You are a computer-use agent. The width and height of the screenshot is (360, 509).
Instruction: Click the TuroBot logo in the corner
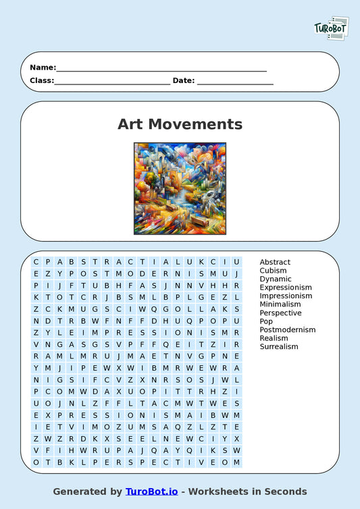[331, 28]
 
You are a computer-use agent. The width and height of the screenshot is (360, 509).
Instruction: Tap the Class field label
[41, 80]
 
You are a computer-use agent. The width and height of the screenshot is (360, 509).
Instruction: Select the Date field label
[184, 80]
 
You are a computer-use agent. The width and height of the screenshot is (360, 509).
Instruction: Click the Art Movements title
[180, 124]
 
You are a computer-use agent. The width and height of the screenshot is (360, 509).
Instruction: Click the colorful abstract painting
[180, 188]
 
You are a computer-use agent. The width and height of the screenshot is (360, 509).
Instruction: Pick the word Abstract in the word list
[275, 262]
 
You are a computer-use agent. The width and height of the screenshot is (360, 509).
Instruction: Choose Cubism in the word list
[274, 271]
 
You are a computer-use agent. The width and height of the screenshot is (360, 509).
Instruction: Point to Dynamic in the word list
[276, 279]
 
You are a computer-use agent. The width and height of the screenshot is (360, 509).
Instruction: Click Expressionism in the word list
[286, 288]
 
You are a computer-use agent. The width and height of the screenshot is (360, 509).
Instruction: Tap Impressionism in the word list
[286, 296]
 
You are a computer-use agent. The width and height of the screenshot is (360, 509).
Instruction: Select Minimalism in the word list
[280, 304]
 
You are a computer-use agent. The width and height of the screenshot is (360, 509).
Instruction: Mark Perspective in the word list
[280, 313]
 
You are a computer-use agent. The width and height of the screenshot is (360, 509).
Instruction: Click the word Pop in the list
[266, 321]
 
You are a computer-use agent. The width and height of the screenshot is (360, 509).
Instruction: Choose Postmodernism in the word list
[288, 329]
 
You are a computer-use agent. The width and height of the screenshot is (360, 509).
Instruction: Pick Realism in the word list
[274, 338]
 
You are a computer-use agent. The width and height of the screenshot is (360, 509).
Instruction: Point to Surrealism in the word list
[279, 346]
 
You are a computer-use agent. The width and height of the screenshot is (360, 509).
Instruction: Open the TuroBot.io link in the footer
[151, 491]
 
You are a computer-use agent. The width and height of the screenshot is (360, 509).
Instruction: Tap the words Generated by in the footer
[88, 491]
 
